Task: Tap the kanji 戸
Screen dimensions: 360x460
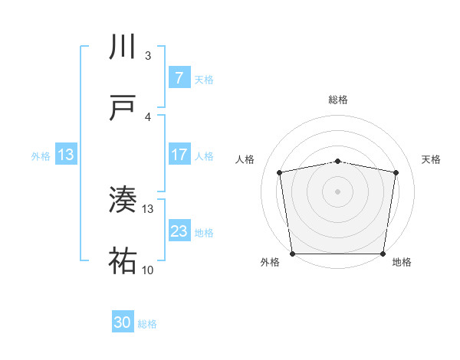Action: [123, 109]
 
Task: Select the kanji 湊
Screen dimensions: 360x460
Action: [123, 201]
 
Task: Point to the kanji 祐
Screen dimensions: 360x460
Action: [123, 262]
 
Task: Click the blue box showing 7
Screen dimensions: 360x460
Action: [179, 78]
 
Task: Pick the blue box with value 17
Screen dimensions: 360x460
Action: [179, 155]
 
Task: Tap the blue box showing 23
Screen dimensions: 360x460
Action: [179, 231]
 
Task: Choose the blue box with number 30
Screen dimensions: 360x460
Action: [123, 323]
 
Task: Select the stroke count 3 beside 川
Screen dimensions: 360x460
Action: [148, 56]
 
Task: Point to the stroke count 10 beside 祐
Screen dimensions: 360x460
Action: [148, 270]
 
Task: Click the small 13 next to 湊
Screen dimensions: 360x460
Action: [148, 208]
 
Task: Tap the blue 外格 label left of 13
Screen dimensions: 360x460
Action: [41, 156]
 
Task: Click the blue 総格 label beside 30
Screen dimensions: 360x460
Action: [147, 324]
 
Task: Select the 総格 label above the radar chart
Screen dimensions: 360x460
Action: [338, 100]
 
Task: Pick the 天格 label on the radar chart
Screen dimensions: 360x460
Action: [432, 159]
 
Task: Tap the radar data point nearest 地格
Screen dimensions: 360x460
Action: [383, 254]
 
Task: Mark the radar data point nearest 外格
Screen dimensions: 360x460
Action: [292, 254]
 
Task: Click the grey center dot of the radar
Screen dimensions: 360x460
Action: [338, 191]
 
